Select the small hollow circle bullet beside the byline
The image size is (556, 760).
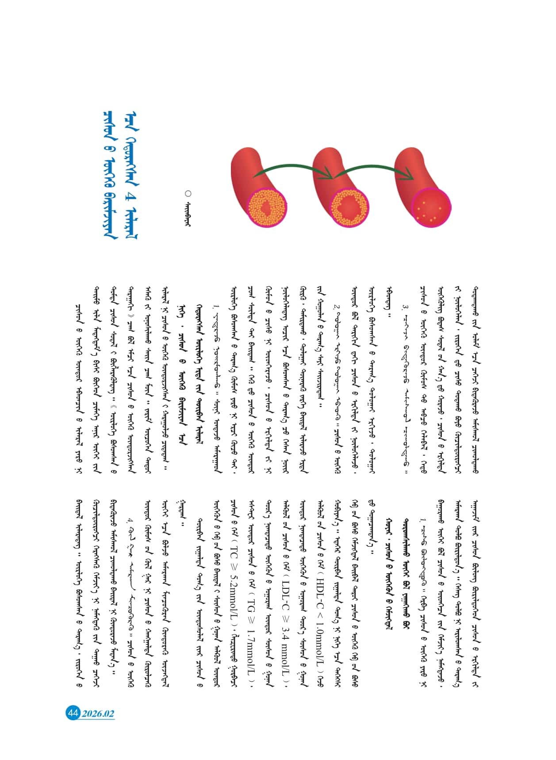188,193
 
